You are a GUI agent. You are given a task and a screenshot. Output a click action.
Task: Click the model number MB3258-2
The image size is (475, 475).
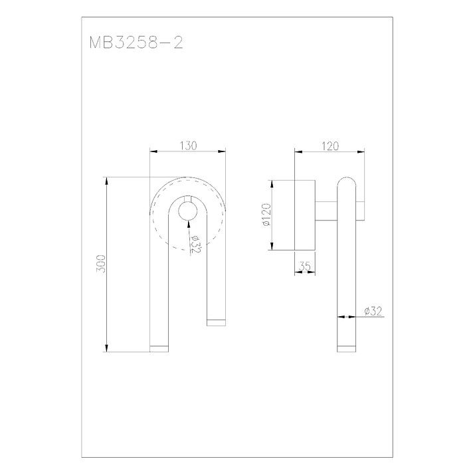pyautogui.click(x=136, y=43)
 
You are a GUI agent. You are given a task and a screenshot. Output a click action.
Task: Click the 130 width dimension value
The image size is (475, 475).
pyautogui.click(x=189, y=145)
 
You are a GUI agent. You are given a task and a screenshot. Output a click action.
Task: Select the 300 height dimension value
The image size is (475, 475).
pyautogui.click(x=101, y=264)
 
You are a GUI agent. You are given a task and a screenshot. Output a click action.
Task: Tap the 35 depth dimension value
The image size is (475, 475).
pyautogui.click(x=305, y=266)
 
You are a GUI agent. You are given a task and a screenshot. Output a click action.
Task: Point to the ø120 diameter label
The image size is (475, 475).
pyautogui.click(x=266, y=215)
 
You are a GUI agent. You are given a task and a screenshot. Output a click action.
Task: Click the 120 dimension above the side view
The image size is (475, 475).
pyautogui.click(x=330, y=146)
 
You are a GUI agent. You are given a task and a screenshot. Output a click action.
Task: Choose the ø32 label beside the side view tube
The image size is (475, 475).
pyautogui.click(x=373, y=311)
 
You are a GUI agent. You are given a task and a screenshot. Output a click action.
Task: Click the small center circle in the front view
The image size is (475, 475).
pyautogui.click(x=188, y=211)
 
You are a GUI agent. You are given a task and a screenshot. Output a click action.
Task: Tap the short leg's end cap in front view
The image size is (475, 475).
pyautogui.click(x=217, y=323)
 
